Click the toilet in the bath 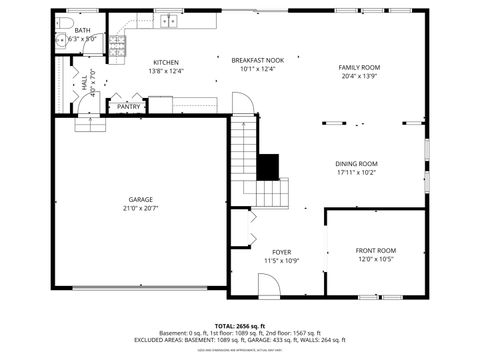63,22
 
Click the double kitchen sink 170,21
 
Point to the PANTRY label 129,106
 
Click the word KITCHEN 165,62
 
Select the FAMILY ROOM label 359,68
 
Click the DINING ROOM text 356,164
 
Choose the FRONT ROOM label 375,250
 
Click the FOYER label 281,252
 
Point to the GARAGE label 140,199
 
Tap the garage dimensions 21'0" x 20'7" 140,208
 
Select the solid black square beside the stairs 267,167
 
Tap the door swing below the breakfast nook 242,104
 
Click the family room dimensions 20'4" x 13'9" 359,77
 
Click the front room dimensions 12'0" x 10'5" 375,259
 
